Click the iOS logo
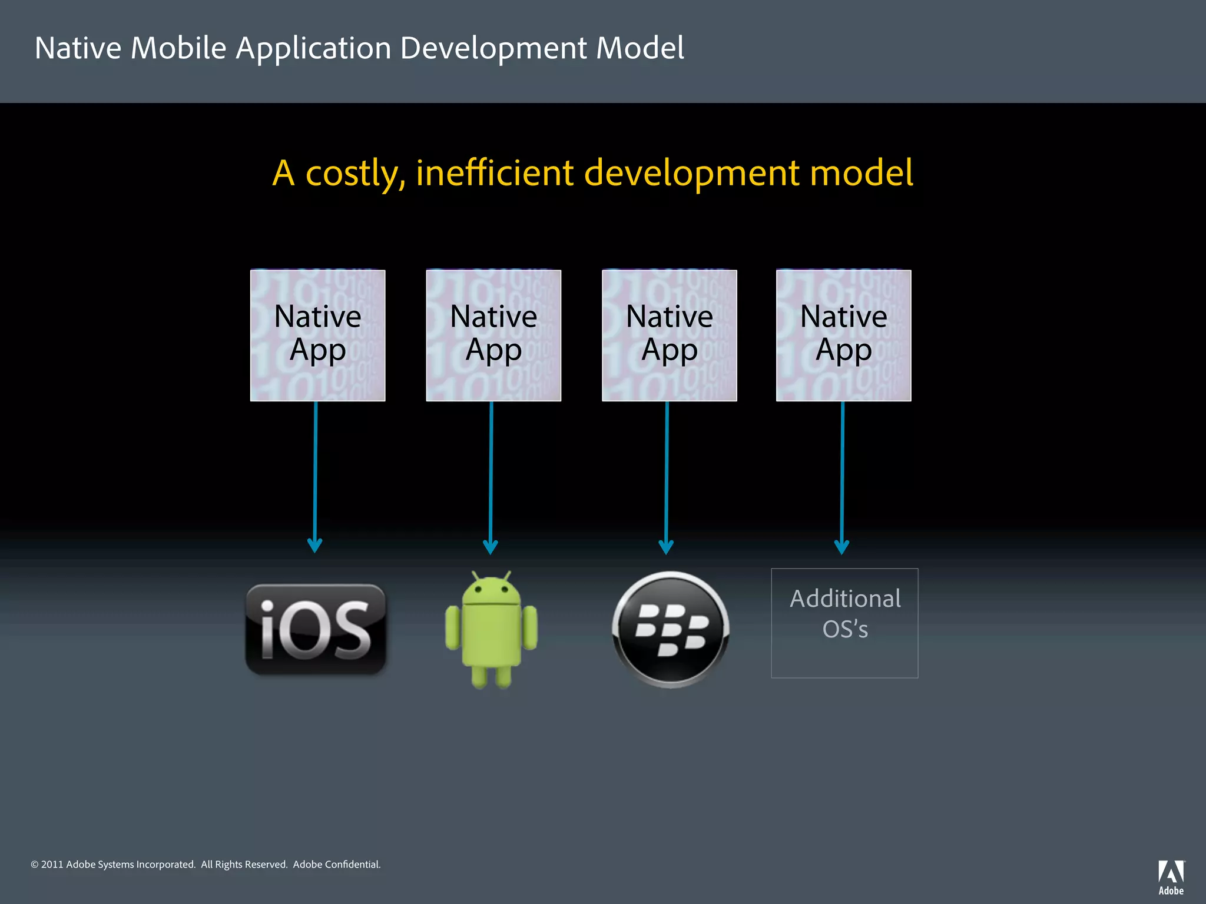[x=316, y=629]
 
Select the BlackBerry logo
[x=671, y=629]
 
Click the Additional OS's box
[x=844, y=623]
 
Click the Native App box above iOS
[x=318, y=335]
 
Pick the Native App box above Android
[x=493, y=335]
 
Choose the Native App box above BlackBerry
[x=670, y=335]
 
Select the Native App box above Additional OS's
[x=844, y=335]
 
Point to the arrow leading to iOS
[x=315, y=477]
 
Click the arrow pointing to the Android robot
[x=491, y=477]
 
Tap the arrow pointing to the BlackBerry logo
[x=667, y=477]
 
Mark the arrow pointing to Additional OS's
[x=842, y=477]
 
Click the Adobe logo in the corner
[x=1171, y=877]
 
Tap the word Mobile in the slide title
[x=178, y=48]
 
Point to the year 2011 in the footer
[x=52, y=865]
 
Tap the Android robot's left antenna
[x=475, y=575]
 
